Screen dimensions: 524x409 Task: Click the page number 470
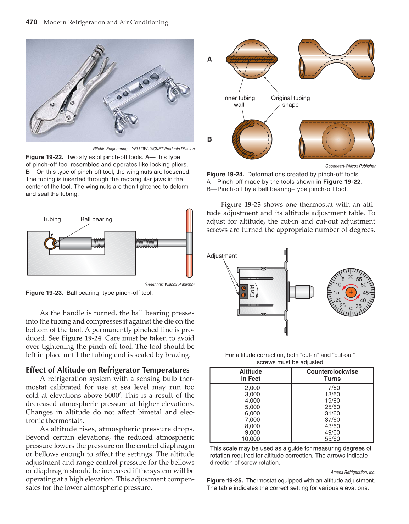pyautogui.click(x=32, y=22)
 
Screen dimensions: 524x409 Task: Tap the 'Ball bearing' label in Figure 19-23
pyautogui.click(x=96, y=219)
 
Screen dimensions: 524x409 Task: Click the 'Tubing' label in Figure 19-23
pyautogui.click(x=52, y=219)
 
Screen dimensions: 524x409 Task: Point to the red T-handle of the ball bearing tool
pyautogui.click(x=190, y=243)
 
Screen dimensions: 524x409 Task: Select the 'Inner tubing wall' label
pyautogui.click(x=239, y=101)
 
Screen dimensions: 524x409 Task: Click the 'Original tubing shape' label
pyautogui.click(x=290, y=101)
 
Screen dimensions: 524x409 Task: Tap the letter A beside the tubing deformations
pyautogui.click(x=209, y=60)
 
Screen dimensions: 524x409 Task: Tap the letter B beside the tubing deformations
pyautogui.click(x=209, y=139)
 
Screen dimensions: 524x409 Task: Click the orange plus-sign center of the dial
pyautogui.click(x=351, y=292)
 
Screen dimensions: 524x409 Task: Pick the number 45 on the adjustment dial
pyautogui.click(x=365, y=293)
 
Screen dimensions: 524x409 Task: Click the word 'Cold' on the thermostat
pyautogui.click(x=252, y=291)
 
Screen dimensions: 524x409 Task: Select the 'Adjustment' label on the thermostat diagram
pyautogui.click(x=222, y=256)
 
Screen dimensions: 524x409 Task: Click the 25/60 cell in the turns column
pyautogui.click(x=332, y=407)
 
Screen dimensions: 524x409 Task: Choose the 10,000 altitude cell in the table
pyautogui.click(x=251, y=439)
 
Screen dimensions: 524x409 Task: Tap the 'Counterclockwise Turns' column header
pyautogui.click(x=332, y=375)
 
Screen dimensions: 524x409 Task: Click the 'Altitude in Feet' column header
pyautogui.click(x=251, y=375)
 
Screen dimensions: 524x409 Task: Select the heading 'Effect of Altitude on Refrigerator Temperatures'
pyautogui.click(x=107, y=370)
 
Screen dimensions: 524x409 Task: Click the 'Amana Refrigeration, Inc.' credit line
pyautogui.click(x=353, y=472)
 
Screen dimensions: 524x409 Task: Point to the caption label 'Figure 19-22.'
pyautogui.click(x=44, y=157)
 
